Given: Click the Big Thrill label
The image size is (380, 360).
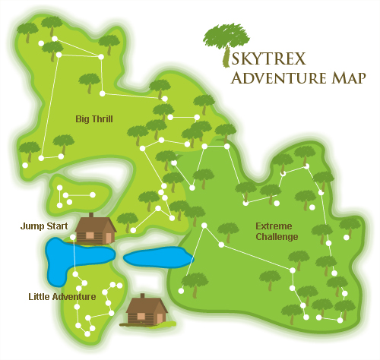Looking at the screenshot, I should point(95,118).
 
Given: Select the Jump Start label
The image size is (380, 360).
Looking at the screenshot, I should point(44,226).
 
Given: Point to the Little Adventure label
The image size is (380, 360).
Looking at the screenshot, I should point(62,296).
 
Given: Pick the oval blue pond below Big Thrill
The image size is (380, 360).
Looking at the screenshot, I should point(158,258).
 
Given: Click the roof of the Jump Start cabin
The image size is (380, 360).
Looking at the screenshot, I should point(93,221).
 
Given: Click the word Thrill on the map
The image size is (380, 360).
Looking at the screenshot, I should point(105,118).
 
